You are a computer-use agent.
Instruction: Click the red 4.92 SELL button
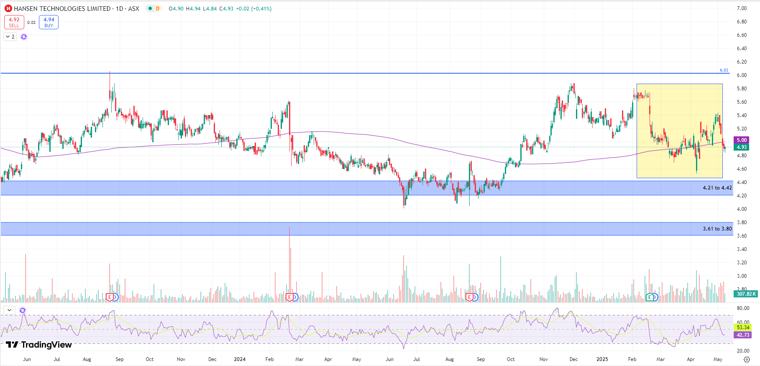[x=14, y=22]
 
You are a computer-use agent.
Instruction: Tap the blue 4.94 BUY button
[x=49, y=22]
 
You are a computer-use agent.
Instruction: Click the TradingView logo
[x=39, y=345]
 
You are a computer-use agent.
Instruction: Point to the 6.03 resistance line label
[x=724, y=70]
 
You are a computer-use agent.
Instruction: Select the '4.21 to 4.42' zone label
[x=717, y=188]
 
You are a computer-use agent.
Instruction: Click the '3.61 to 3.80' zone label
[x=717, y=229]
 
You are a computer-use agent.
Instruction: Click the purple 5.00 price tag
[x=742, y=140]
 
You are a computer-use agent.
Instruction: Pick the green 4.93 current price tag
[x=742, y=147]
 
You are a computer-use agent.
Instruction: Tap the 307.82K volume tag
[x=746, y=294]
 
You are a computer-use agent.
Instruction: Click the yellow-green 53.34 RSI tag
[x=743, y=328]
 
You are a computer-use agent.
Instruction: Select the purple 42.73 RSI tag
[x=743, y=335]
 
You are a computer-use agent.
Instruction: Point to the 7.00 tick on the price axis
[x=742, y=8]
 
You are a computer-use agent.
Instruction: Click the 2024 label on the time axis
[x=240, y=359]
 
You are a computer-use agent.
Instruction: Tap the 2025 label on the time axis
[x=602, y=359]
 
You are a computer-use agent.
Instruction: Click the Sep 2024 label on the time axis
[x=481, y=359]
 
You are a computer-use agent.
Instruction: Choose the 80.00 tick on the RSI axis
[x=743, y=308]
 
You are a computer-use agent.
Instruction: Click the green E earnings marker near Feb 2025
[x=650, y=297]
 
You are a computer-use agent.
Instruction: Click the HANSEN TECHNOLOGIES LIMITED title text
[x=62, y=8]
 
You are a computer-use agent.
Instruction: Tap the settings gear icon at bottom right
[x=747, y=359]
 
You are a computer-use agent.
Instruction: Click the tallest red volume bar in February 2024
[x=289, y=264]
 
